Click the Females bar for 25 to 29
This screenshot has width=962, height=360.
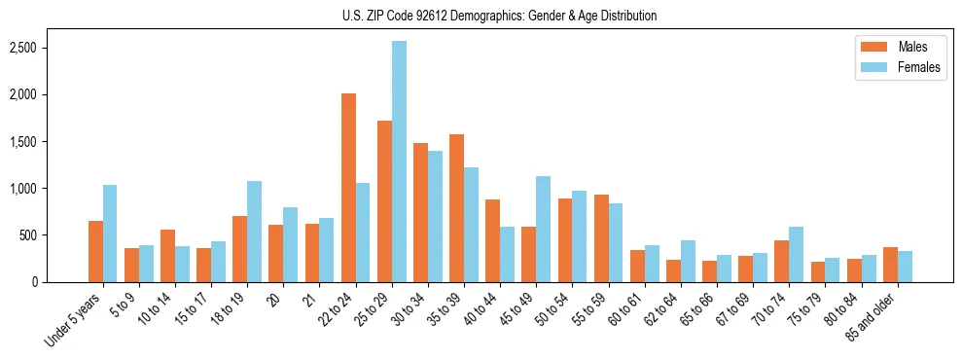pyautogui.click(x=399, y=162)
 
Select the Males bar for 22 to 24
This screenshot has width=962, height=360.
pyautogui.click(x=348, y=188)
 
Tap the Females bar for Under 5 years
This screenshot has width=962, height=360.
pyautogui.click(x=110, y=234)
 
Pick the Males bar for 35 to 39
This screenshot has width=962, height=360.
pyautogui.click(x=456, y=208)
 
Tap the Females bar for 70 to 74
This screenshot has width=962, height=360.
pyautogui.click(x=796, y=255)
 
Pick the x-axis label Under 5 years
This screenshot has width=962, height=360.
pyautogui.click(x=74, y=321)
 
